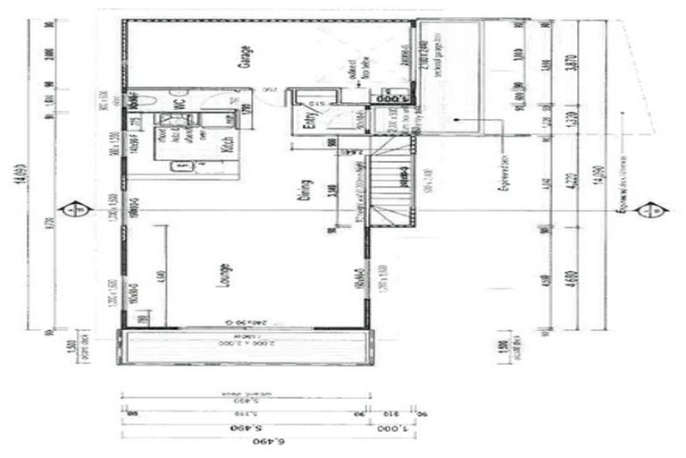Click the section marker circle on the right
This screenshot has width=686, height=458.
(659, 210)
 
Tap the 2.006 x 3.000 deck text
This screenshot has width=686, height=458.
(247, 343)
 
